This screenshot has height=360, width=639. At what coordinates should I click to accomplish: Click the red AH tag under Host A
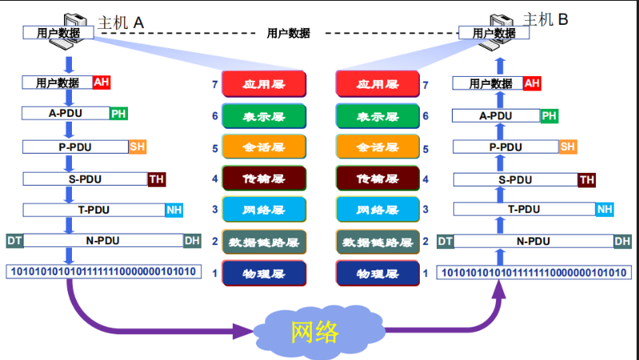pos(102,82)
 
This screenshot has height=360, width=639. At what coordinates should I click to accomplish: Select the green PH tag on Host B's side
pos(549,116)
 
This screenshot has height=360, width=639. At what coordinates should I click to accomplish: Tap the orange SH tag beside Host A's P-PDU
pos(138,146)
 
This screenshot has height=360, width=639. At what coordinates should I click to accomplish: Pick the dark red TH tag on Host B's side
pos(587,180)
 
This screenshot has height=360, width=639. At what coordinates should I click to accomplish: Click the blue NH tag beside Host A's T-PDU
pos(174,210)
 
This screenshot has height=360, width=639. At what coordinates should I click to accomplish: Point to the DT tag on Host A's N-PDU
pos(14,241)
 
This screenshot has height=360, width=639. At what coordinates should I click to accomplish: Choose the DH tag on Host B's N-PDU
pos(622,241)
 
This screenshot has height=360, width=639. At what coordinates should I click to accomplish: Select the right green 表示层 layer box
pos(377,117)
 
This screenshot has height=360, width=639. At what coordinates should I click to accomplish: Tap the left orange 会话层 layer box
pos(264,148)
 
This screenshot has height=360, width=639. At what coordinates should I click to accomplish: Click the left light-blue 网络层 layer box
pos(264,210)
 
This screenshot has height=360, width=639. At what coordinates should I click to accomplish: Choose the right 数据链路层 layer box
pos(377,242)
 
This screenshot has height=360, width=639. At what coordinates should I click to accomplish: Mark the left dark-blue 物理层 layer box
pos(264,274)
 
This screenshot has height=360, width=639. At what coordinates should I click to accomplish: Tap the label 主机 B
pos(545,20)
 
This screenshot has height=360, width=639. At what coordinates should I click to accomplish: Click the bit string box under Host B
pos(533,273)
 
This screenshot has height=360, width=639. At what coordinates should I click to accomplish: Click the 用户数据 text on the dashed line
pos(288,34)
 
